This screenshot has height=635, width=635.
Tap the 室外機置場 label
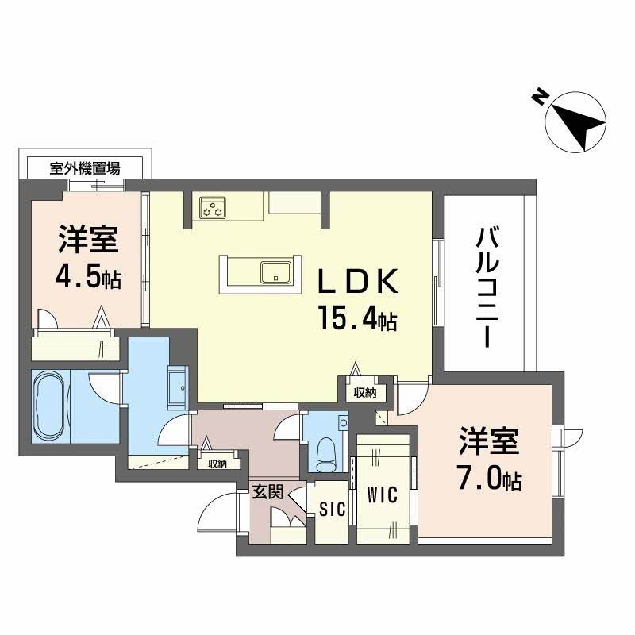pos(85,167)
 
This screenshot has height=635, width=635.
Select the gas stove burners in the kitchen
pos(213,210)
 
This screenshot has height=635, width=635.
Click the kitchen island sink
pos(275,273)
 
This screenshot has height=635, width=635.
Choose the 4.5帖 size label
pos(87,277)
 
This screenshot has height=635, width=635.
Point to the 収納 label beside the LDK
pos(365,392)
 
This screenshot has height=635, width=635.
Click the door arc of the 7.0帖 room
pos(410,397)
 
